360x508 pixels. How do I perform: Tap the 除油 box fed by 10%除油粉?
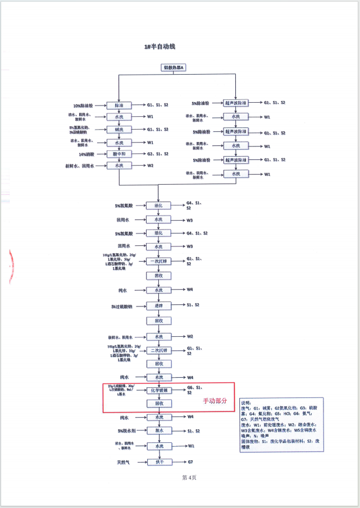pyautogui.click(x=122, y=105)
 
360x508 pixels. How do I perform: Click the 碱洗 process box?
pyautogui.click(x=122, y=130)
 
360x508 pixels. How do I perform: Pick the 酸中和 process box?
pyautogui.click(x=122, y=154)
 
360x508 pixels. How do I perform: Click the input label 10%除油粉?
pyautogui.click(x=86, y=105)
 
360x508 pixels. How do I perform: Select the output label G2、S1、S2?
pyautogui.click(x=158, y=154)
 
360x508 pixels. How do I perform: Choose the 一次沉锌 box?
pyautogui.click(x=158, y=262)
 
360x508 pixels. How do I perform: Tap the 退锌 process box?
pyautogui.click(x=158, y=306)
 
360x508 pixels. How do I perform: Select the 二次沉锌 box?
pyautogui.click(x=158, y=350)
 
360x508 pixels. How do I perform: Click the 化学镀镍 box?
pyautogui.click(x=158, y=390)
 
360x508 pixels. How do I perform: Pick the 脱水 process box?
pyautogui.click(x=158, y=431)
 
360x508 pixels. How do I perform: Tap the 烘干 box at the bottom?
pyautogui.click(x=158, y=462)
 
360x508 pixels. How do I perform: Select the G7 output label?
pyautogui.click(x=190, y=462)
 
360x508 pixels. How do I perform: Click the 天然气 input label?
pyautogui.click(x=124, y=462)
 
